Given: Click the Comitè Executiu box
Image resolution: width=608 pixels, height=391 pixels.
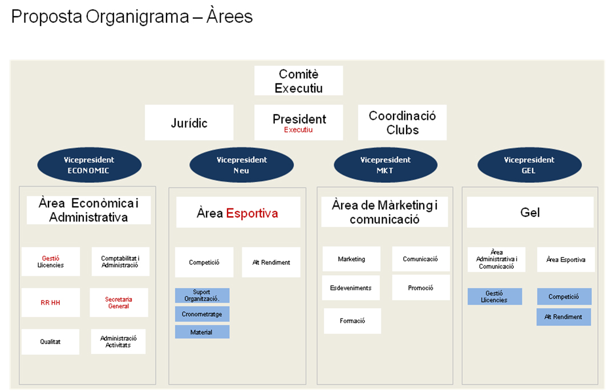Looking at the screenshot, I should click(x=298, y=80).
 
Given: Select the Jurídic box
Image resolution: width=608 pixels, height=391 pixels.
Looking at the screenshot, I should click(x=189, y=123).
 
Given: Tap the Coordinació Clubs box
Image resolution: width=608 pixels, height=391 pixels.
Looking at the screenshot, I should click(x=402, y=123).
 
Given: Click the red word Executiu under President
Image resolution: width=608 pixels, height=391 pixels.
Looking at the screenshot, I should click(x=298, y=130).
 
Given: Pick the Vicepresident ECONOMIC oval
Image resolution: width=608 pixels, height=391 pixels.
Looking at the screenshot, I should click(x=89, y=165).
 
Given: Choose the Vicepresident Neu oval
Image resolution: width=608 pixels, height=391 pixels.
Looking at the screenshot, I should click(x=241, y=165).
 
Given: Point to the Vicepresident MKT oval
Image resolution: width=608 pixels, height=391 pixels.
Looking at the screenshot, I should click(x=386, y=165).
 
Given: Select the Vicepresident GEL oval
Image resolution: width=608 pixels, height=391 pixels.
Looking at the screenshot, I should click(x=529, y=165).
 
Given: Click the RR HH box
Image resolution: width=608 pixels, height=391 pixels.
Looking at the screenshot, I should click(x=50, y=303).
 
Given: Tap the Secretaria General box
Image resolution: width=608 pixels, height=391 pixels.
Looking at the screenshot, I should click(x=119, y=303).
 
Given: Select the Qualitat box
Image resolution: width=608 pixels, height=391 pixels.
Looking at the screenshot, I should click(x=50, y=342).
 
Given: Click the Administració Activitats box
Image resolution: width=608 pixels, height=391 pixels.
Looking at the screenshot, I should click(x=118, y=341).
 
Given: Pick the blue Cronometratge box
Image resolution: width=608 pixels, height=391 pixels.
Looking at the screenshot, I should click(x=202, y=314).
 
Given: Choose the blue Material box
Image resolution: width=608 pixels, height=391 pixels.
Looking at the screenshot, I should click(x=202, y=332).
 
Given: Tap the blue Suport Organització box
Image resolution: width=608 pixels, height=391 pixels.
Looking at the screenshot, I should click(x=202, y=296).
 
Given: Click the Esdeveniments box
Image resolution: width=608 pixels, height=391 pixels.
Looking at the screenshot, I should click(x=351, y=288).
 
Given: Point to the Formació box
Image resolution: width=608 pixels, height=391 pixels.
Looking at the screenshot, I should click(x=352, y=321).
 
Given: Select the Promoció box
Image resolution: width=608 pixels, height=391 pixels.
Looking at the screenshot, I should click(x=420, y=288).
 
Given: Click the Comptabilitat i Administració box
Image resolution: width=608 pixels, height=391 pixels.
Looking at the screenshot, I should click(x=120, y=261).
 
